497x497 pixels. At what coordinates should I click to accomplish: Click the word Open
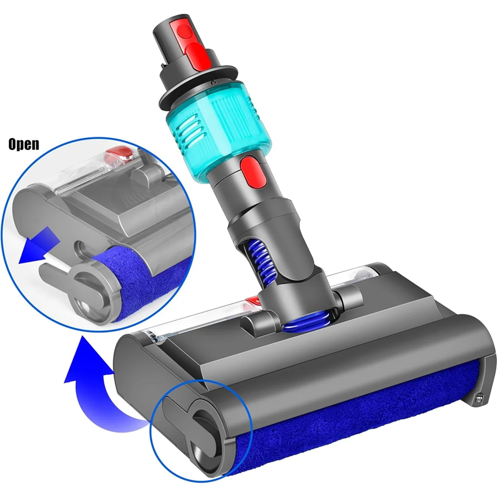pos(24,144)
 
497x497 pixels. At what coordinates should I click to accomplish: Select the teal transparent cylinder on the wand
pos(215,124)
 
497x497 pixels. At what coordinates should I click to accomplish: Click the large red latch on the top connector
pos(198,52)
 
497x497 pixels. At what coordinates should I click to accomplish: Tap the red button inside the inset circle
pos(119,157)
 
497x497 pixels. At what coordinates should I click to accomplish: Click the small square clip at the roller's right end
pos(480,400)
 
